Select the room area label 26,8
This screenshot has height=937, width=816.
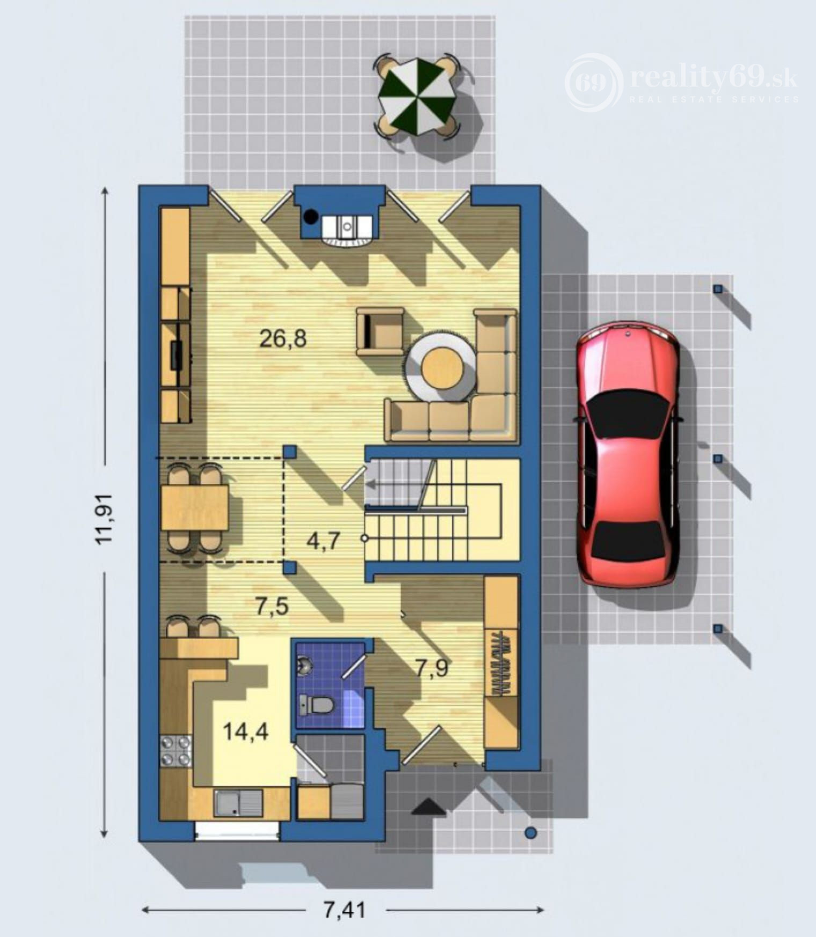pyautogui.click(x=282, y=339)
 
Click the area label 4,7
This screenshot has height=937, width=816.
pyautogui.click(x=323, y=541)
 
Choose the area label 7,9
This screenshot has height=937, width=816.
pyautogui.click(x=432, y=669)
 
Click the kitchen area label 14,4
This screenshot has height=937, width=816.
pyautogui.click(x=245, y=731)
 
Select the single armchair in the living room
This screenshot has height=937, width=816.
pyautogui.click(x=380, y=331)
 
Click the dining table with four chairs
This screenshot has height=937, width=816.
pyautogui.click(x=195, y=507)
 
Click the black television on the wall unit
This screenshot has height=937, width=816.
pyautogui.click(x=176, y=355)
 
